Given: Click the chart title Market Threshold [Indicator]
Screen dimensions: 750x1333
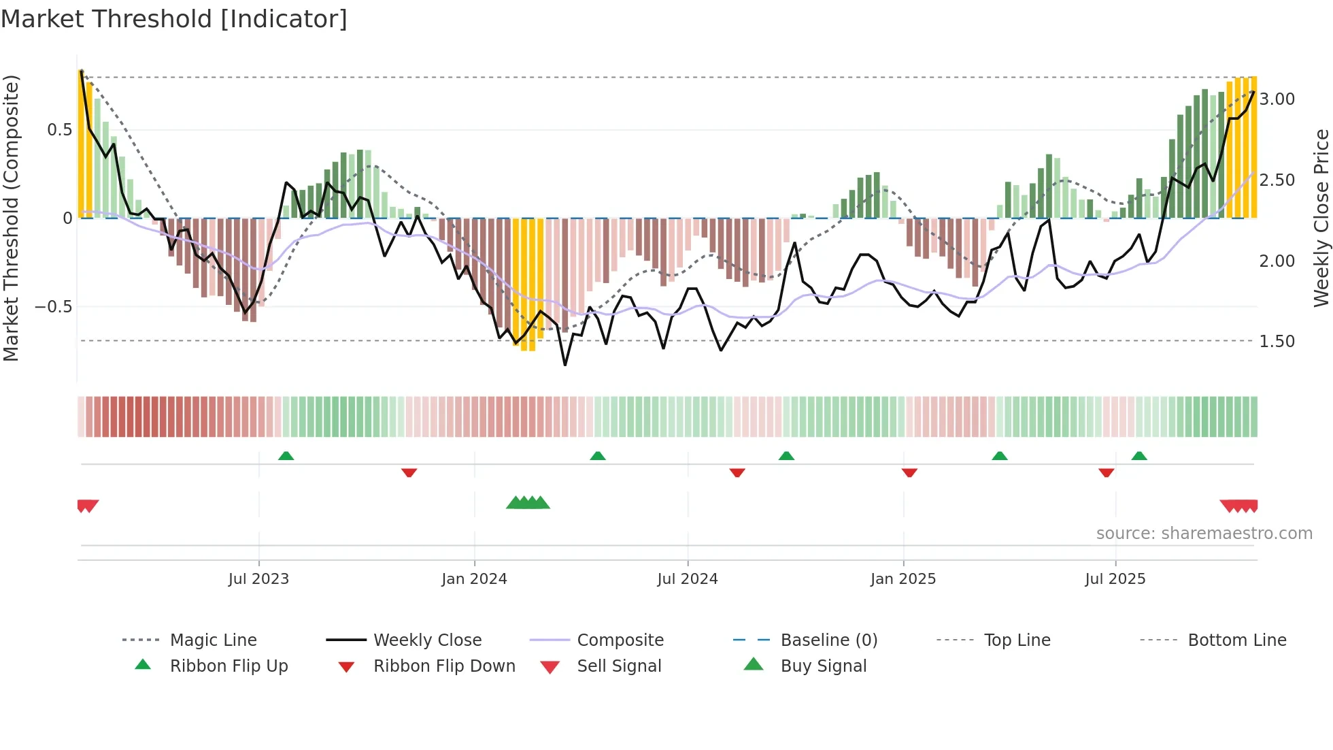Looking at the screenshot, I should pyautogui.click(x=174, y=19).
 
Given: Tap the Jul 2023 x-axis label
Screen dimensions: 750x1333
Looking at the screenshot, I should pyautogui.click(x=258, y=579).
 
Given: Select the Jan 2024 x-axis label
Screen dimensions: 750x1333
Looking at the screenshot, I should pyautogui.click(x=474, y=579).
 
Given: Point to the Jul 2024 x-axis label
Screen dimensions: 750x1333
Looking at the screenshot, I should pyautogui.click(x=687, y=579).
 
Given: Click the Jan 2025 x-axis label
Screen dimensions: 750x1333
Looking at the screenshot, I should pyautogui.click(x=902, y=579).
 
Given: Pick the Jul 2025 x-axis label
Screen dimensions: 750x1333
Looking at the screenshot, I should pyautogui.click(x=1115, y=579).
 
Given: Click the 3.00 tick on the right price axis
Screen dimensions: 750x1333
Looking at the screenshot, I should pyautogui.click(x=1277, y=99).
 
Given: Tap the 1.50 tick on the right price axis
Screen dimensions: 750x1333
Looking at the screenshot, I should pyautogui.click(x=1277, y=342).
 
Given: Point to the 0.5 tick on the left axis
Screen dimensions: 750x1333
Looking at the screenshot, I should pyautogui.click(x=59, y=130).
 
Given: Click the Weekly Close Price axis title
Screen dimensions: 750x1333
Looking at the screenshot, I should pyautogui.click(x=1321, y=218).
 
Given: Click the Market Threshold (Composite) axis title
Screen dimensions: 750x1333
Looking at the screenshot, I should pyautogui.click(x=11, y=218).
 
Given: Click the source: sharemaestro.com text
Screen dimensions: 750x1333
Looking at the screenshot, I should pyautogui.click(x=1204, y=534).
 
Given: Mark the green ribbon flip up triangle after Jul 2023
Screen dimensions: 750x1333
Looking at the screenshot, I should pyautogui.click(x=286, y=456).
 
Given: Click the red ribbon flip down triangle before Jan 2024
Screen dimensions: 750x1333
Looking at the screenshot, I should pyautogui.click(x=409, y=472).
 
